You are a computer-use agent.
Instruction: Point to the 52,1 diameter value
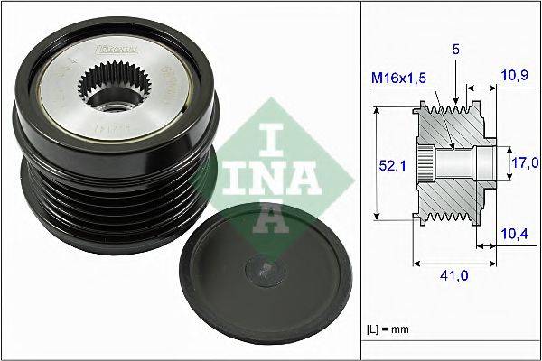387,164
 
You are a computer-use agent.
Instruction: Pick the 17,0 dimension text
523,162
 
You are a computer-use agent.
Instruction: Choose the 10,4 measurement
513,234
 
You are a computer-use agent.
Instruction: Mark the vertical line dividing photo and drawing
360,180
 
